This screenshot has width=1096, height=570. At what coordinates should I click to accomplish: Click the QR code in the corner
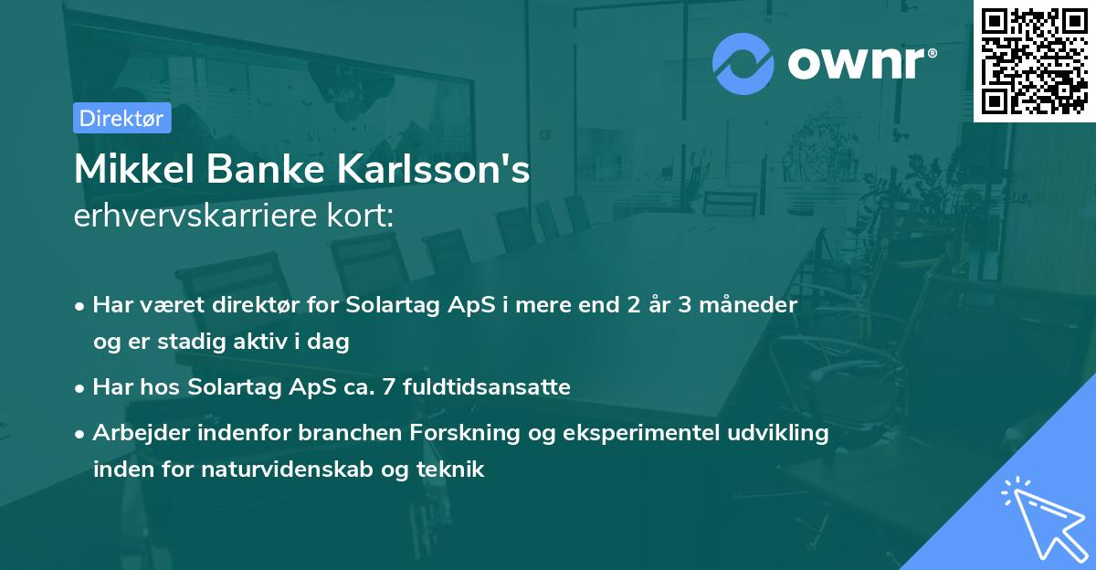tap(1034, 61)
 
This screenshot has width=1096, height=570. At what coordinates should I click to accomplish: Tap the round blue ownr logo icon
tap(743, 63)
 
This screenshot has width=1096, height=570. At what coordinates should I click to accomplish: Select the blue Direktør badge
tap(121, 118)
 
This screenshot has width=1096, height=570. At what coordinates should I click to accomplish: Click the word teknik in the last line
tap(454, 470)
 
